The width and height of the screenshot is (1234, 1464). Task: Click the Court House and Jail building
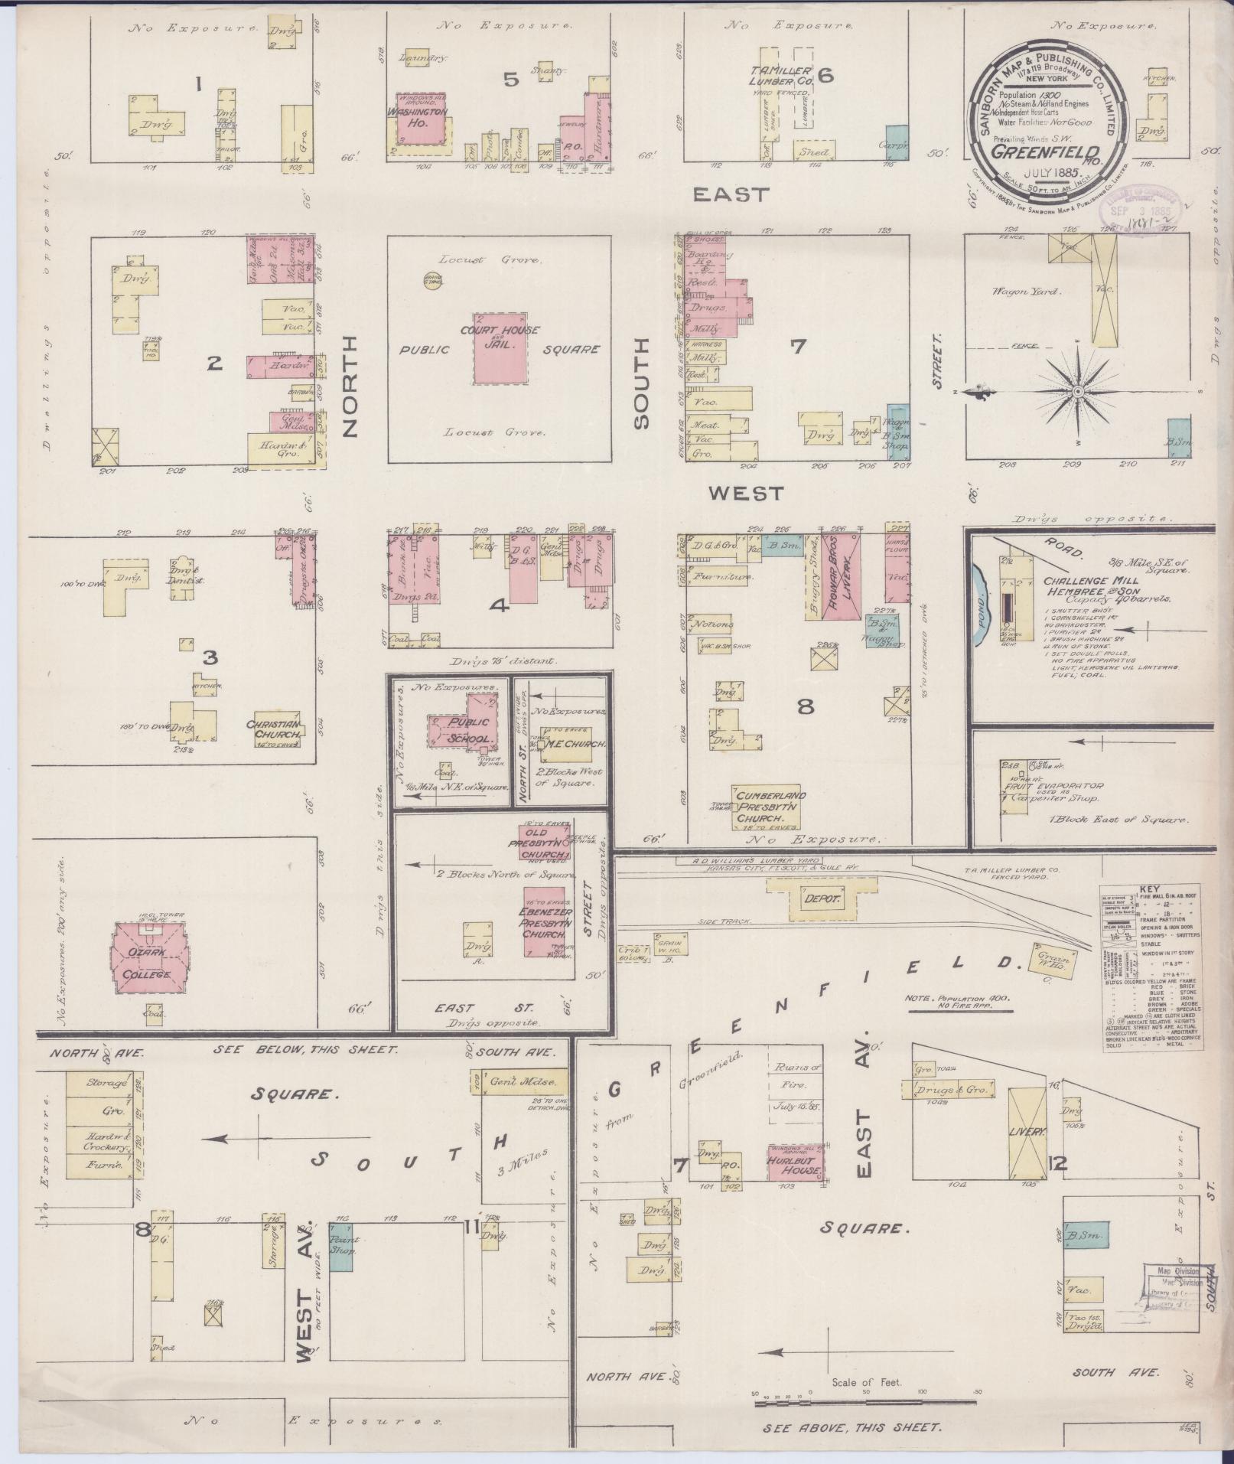[x=500, y=348]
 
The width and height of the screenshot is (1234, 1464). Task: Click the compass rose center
[x=1077, y=391]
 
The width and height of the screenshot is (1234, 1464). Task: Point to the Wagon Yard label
[x=1015, y=291]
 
